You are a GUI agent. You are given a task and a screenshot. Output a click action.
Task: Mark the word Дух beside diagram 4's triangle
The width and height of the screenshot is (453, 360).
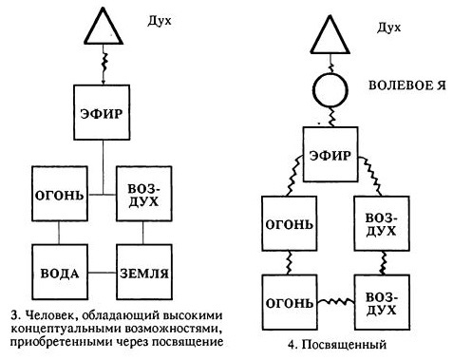[x=387, y=28]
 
